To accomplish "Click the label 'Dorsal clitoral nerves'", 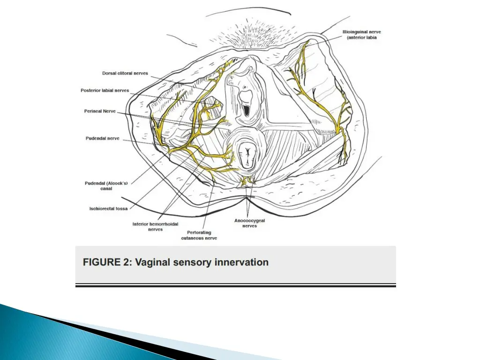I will point(125,73).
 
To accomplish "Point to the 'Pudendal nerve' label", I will point(102,138).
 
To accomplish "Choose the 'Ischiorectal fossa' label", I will point(108,209).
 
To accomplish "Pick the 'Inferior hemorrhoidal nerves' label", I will point(155,227).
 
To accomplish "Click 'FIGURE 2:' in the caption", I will point(107,262).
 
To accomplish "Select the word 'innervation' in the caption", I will point(241,262).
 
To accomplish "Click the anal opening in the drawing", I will point(247,154).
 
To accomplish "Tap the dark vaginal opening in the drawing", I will point(246,109).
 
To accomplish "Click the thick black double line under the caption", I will point(235,285).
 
